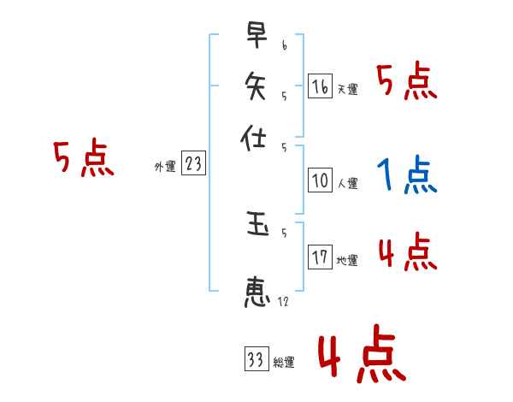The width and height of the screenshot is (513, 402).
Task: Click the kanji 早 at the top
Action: tap(256, 38)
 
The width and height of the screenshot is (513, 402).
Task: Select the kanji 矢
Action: tap(256, 86)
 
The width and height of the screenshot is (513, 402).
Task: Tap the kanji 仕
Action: tap(256, 138)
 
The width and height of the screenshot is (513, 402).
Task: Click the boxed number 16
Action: tap(320, 86)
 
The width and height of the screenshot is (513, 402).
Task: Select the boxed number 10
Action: tap(320, 180)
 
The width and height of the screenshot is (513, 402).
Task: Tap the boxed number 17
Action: tap(320, 257)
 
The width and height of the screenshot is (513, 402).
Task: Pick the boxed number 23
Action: tap(194, 164)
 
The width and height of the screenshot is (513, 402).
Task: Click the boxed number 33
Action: tap(256, 359)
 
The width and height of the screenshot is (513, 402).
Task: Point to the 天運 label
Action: tap(347, 89)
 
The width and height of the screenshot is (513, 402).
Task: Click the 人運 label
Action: tap(347, 183)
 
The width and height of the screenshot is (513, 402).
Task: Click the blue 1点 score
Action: tap(406, 177)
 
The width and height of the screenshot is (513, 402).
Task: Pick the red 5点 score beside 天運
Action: tap(406, 83)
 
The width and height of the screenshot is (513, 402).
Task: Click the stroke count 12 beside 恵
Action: tap(284, 302)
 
